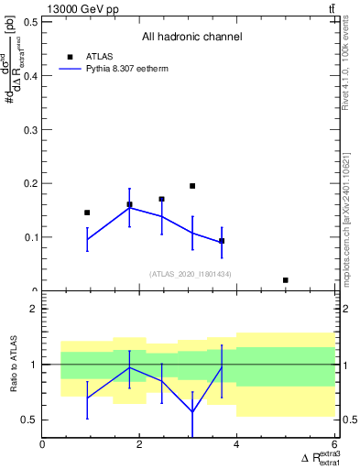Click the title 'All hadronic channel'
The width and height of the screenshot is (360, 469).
(x=191, y=37)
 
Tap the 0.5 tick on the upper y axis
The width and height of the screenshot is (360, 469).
(x=30, y=22)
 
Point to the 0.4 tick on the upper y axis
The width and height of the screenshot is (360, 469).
(x=30, y=76)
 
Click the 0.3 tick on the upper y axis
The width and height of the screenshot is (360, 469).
(x=30, y=130)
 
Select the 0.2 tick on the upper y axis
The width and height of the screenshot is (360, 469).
(x=30, y=183)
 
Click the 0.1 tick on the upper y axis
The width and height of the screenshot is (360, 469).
(x=30, y=237)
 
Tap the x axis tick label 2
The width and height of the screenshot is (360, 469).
(x=139, y=444)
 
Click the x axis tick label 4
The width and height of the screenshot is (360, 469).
(x=236, y=444)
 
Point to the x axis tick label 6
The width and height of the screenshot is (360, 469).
(x=333, y=444)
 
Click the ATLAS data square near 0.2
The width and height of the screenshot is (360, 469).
(x=192, y=186)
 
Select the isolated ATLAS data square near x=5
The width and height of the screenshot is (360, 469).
(x=286, y=280)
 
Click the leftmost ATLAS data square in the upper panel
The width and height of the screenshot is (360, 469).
(x=87, y=213)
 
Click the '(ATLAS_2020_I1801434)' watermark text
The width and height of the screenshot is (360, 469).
(x=191, y=274)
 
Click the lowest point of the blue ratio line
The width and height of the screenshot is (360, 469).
(x=192, y=411)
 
